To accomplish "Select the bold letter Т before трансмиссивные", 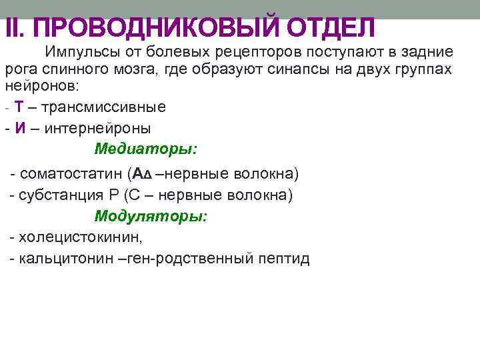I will tap(19, 107).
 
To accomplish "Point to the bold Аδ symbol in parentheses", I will tap(143, 174).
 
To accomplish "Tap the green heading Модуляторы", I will tap(151, 216).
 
